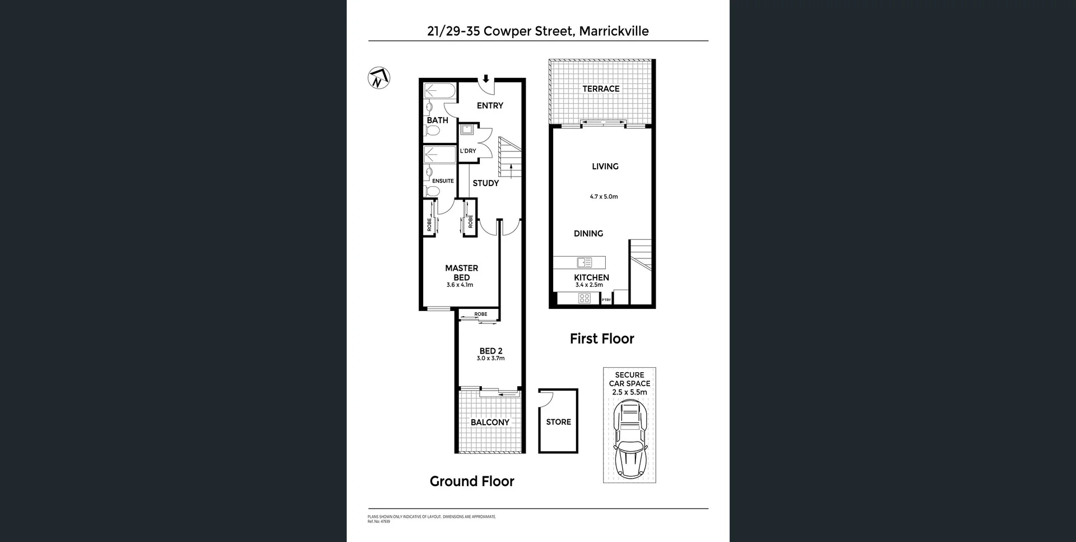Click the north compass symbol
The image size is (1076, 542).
(x=379, y=78)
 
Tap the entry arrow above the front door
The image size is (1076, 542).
(x=486, y=79)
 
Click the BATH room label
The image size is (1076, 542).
(x=437, y=120)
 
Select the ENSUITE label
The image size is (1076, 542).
(x=443, y=181)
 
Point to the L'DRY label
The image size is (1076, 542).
(x=468, y=151)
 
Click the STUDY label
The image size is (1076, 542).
(x=485, y=183)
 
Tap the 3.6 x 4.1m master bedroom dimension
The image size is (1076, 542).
(x=460, y=285)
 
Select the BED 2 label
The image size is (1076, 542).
(x=491, y=351)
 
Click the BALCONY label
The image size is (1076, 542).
(x=490, y=423)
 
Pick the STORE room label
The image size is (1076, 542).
(x=558, y=422)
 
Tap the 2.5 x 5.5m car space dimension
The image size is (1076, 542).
(x=629, y=392)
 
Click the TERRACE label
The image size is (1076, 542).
(x=601, y=89)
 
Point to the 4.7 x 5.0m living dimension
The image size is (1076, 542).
(x=604, y=197)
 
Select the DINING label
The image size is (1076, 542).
(x=588, y=234)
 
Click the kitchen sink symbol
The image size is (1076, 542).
(x=585, y=262)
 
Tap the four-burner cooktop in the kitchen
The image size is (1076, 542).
(x=585, y=299)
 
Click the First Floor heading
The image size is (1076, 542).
(x=602, y=339)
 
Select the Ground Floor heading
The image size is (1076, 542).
(x=472, y=481)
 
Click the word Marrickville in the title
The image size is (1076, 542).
(x=614, y=31)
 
